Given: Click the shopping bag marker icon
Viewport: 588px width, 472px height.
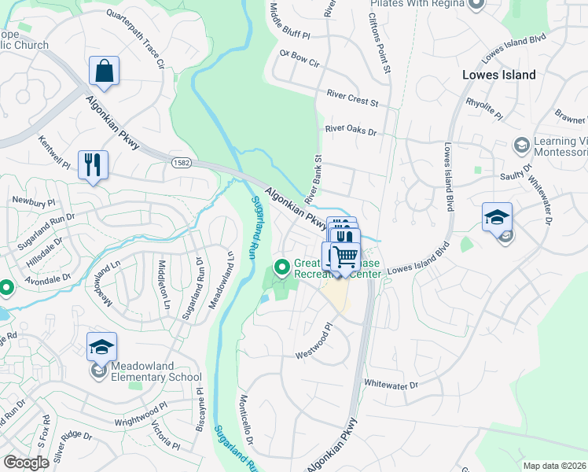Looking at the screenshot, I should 104,72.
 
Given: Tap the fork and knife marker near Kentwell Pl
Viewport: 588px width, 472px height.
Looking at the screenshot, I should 93,164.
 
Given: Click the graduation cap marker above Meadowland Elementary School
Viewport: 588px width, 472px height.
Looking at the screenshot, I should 101,347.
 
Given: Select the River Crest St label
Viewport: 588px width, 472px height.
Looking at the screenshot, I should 352,103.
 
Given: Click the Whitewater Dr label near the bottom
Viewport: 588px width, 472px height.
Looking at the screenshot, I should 391,384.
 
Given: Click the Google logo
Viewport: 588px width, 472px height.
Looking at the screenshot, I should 26,463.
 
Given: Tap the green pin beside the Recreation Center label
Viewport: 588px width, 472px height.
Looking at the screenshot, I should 281,268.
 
